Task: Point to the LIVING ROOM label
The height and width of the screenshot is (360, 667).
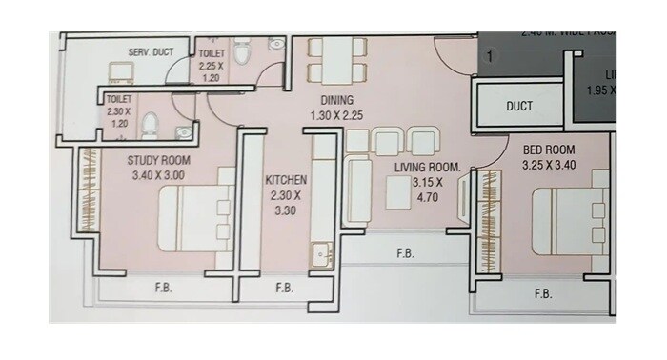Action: [428, 168]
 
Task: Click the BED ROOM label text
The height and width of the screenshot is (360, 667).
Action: [549, 150]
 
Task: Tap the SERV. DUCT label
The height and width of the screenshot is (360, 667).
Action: [151, 51]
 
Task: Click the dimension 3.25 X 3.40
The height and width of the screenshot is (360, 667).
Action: [549, 165]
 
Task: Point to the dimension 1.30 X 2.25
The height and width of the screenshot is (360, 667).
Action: [337, 115]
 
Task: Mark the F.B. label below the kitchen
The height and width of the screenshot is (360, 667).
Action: [284, 288]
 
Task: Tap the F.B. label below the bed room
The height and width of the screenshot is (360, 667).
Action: [543, 293]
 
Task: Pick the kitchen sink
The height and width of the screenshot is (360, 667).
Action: [318, 256]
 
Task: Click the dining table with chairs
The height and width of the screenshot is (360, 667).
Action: [336, 61]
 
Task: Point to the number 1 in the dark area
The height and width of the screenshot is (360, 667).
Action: [490, 58]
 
